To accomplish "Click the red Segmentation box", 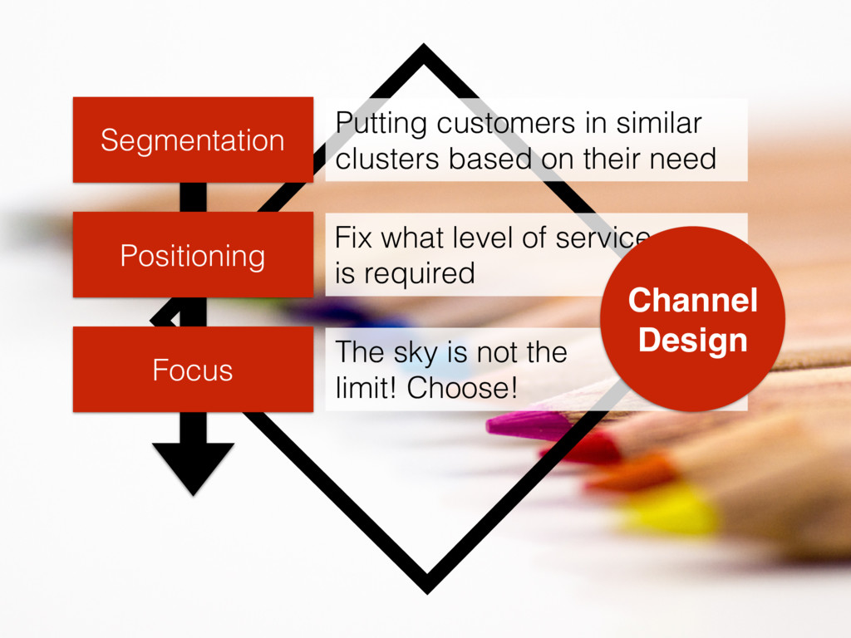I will [x=192, y=140].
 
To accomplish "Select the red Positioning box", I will [x=192, y=254].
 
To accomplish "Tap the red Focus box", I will [x=192, y=370].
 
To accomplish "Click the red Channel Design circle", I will [x=692, y=319].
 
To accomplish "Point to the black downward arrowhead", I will [x=193, y=466].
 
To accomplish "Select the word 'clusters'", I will [x=388, y=158].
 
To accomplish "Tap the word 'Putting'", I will [x=381, y=125].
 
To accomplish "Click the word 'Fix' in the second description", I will [x=352, y=238].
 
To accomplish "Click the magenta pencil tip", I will [x=515, y=425].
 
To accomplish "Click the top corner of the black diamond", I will [x=424, y=52].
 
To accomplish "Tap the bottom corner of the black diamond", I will [x=426, y=586].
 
